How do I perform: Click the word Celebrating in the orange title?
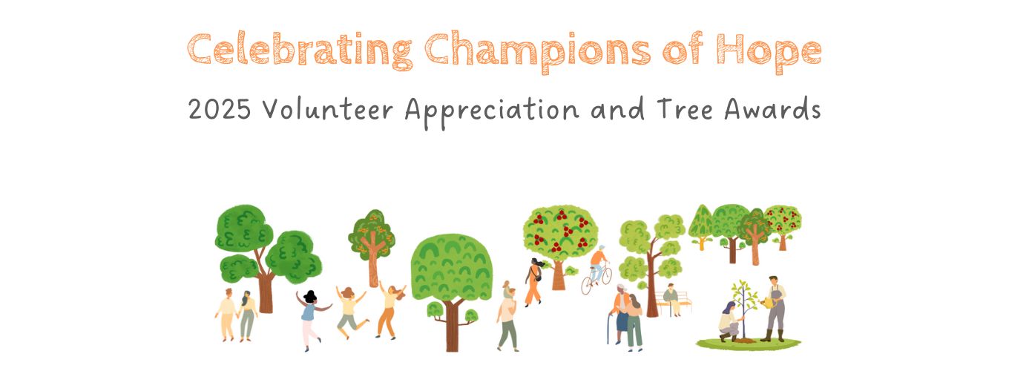click(x=300, y=50)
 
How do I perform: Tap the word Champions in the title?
click(x=537, y=50)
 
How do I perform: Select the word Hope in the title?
click(x=769, y=51)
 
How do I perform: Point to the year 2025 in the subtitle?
click(x=219, y=109)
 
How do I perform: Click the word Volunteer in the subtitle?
click(x=328, y=110)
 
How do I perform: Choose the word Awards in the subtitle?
click(x=772, y=109)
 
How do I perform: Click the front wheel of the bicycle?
click(x=586, y=286)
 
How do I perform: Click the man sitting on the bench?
click(x=671, y=299)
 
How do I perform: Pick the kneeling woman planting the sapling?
click(x=729, y=321)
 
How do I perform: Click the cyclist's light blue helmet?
click(x=602, y=248)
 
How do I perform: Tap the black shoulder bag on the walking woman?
click(x=538, y=276)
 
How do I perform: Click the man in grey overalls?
click(x=775, y=309)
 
